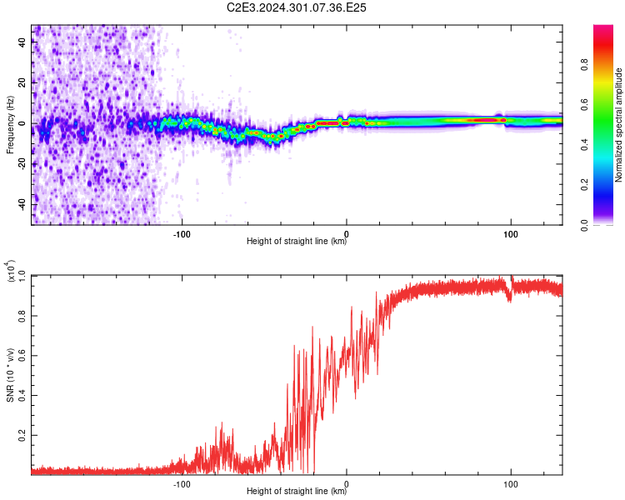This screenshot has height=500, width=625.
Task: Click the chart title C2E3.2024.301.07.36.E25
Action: pyautogui.click(x=296, y=7)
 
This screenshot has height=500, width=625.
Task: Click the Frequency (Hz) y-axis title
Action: pyautogui.click(x=10, y=125)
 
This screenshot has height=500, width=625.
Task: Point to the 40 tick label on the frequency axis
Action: pyautogui.click(x=22, y=42)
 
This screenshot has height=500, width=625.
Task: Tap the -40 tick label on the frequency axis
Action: pyautogui.click(x=22, y=205)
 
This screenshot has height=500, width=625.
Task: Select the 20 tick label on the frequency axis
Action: pyautogui.click(x=22, y=82)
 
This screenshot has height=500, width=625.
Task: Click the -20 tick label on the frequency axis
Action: pyautogui.click(x=22, y=164)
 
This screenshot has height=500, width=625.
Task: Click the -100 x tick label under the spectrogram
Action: pyautogui.click(x=182, y=234)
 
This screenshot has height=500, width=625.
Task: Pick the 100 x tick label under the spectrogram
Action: pyautogui.click(x=511, y=234)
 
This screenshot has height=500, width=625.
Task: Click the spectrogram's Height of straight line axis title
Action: pyautogui.click(x=297, y=241)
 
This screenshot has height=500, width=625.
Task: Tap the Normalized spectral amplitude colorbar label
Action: pyautogui.click(x=618, y=125)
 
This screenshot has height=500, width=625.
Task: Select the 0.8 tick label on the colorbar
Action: pyautogui.click(x=585, y=64)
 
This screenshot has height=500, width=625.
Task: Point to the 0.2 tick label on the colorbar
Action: pyautogui.click(x=585, y=185)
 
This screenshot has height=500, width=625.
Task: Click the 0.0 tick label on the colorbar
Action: pyautogui.click(x=585, y=225)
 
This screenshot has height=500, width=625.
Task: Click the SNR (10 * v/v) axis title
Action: pyautogui.click(x=10, y=375)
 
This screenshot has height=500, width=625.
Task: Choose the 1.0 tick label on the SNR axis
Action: pyautogui.click(x=22, y=276)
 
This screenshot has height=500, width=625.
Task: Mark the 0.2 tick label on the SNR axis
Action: pyautogui.click(x=22, y=435)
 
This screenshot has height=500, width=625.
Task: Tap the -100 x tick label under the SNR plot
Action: pyautogui.click(x=182, y=484)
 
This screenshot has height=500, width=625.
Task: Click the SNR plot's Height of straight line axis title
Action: pyautogui.click(x=297, y=491)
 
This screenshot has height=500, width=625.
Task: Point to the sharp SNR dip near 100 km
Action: pyautogui.click(x=509, y=297)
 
